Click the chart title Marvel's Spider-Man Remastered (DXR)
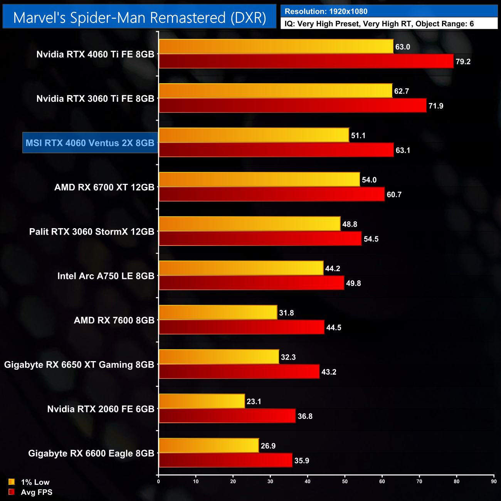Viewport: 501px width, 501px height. [x=140, y=18]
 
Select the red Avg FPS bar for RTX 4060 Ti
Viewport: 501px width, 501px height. [x=306, y=61]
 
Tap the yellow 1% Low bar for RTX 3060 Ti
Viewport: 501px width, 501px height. [x=276, y=91]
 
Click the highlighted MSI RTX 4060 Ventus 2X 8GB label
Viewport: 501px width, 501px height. [x=90, y=143]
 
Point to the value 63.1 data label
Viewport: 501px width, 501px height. [x=403, y=150]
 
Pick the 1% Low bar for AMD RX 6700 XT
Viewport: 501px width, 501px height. [x=259, y=180]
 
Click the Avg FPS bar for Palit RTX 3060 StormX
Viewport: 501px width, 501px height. [x=260, y=239]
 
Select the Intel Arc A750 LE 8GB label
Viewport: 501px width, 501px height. [x=106, y=276]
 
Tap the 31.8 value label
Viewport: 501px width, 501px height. [x=286, y=313]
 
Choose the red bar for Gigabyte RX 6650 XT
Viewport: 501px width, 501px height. [x=239, y=372]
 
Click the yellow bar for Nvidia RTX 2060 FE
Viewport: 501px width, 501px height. [x=202, y=402]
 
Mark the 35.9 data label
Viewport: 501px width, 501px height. [x=302, y=461]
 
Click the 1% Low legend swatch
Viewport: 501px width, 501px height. [x=12, y=482]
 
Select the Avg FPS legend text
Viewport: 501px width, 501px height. [x=37, y=492]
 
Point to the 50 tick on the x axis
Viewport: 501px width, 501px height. [x=345, y=481]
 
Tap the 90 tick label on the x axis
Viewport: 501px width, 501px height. [x=494, y=481]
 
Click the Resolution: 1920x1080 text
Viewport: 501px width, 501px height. [x=326, y=12]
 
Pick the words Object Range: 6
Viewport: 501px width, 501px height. [x=444, y=24]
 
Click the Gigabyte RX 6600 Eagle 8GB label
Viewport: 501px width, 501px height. [x=91, y=453]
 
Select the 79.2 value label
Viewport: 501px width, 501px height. [x=463, y=62]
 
